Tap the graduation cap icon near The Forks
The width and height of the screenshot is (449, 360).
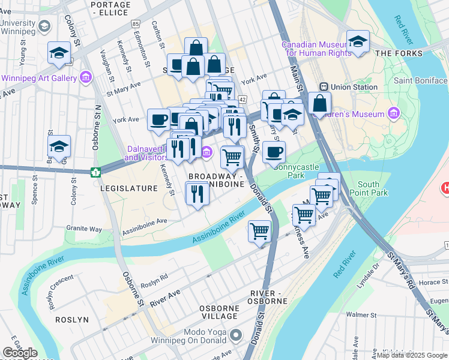tap(358, 41)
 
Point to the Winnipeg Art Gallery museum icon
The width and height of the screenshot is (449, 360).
tap(85, 77)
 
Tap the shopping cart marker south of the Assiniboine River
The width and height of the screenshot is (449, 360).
tap(260, 230)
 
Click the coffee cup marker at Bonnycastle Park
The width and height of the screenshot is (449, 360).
tap(274, 152)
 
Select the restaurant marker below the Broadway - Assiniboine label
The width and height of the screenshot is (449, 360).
tap(196, 193)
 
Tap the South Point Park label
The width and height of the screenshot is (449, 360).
tap(372, 188)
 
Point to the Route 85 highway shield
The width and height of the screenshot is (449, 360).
tap(136, 23)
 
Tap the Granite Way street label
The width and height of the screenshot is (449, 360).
tap(84, 229)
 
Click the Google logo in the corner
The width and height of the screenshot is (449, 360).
tap(20, 353)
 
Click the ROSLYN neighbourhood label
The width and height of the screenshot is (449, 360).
tap(71, 320)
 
